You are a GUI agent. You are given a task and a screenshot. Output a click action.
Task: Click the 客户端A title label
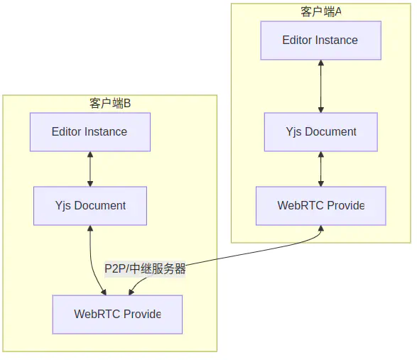click(x=321, y=11)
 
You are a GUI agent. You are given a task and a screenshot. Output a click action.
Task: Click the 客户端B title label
click(x=110, y=104)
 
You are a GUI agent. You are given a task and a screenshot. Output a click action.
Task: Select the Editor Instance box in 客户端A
click(x=320, y=40)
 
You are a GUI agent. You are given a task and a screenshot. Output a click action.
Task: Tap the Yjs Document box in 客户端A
click(x=321, y=132)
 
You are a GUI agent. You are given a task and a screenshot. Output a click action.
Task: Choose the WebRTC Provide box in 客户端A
click(x=321, y=206)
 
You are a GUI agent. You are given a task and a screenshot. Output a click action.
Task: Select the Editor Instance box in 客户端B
click(x=90, y=132)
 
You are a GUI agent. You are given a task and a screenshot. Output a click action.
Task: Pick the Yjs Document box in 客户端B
click(x=90, y=206)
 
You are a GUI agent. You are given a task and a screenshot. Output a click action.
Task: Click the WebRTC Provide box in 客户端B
click(x=117, y=315)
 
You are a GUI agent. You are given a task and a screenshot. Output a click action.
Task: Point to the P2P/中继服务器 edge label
click(x=145, y=269)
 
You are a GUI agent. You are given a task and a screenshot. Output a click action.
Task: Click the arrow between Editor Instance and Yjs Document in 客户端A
click(x=321, y=87)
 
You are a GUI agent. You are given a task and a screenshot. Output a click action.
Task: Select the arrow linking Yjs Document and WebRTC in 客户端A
click(x=321, y=169)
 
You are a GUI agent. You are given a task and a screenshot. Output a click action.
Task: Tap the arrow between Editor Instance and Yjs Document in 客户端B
click(x=90, y=169)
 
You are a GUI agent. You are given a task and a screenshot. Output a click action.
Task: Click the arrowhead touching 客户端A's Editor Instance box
click(x=321, y=64)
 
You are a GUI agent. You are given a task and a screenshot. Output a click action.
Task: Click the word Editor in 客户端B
click(x=66, y=132)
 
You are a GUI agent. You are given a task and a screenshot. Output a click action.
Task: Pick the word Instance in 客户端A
click(x=337, y=40)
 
